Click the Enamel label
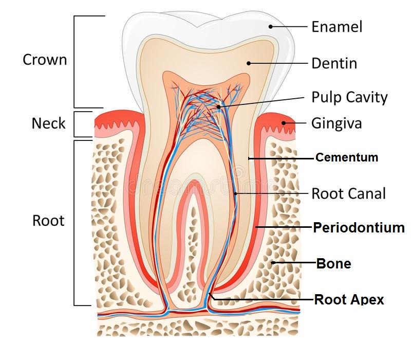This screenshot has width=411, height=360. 337,27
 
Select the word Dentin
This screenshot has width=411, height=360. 334,64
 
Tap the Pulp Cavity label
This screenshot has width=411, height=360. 349,97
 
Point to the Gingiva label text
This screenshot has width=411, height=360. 337,123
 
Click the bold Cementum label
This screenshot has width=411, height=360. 347,157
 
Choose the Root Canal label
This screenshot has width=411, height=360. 348,193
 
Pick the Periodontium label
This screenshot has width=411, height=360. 359,227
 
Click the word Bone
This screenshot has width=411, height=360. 333,263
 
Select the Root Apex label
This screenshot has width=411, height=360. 349,299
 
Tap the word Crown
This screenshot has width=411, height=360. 45,60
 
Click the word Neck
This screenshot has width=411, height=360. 49,123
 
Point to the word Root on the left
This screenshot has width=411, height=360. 48,221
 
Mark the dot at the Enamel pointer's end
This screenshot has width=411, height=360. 270,26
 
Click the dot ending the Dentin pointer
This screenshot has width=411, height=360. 248,64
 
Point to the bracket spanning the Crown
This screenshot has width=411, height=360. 75,61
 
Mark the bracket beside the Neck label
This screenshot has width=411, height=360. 75,124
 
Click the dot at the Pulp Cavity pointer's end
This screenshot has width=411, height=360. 218,107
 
